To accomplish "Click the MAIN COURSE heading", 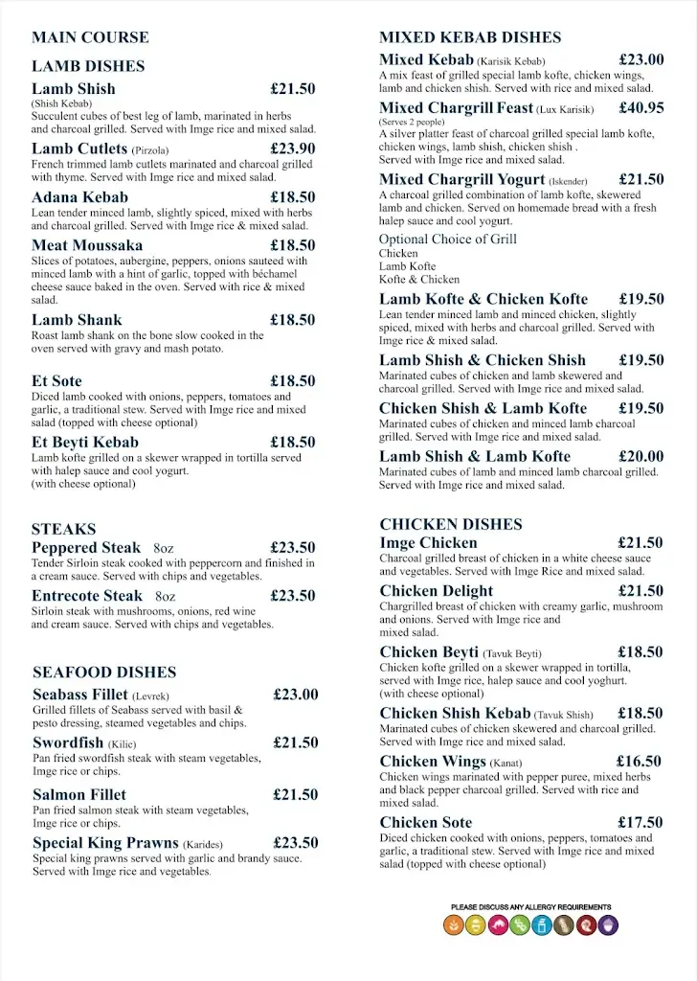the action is tap(90, 37).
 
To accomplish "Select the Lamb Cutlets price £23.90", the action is tap(292, 148).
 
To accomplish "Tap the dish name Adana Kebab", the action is tap(79, 197).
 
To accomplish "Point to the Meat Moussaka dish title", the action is tap(87, 245).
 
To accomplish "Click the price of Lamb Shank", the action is tap(292, 320).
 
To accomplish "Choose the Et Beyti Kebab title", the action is tap(85, 443).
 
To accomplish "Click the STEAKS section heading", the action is tap(63, 529).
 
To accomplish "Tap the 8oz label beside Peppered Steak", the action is tap(165, 548).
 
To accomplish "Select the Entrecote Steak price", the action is tap(292, 596).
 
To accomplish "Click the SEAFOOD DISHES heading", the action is tap(104, 673).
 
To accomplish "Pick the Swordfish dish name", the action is tap(68, 742).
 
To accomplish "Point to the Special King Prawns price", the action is tap(295, 843).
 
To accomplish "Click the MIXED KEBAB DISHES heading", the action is tap(470, 37).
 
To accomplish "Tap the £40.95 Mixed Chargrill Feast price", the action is tap(641, 108).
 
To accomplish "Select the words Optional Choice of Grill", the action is tap(447, 239).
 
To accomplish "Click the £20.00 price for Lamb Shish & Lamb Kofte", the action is tap(641, 456).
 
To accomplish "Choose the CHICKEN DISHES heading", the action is tap(451, 524).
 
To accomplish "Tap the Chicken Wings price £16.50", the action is tap(640, 762).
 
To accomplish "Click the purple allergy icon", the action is tap(609, 925).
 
